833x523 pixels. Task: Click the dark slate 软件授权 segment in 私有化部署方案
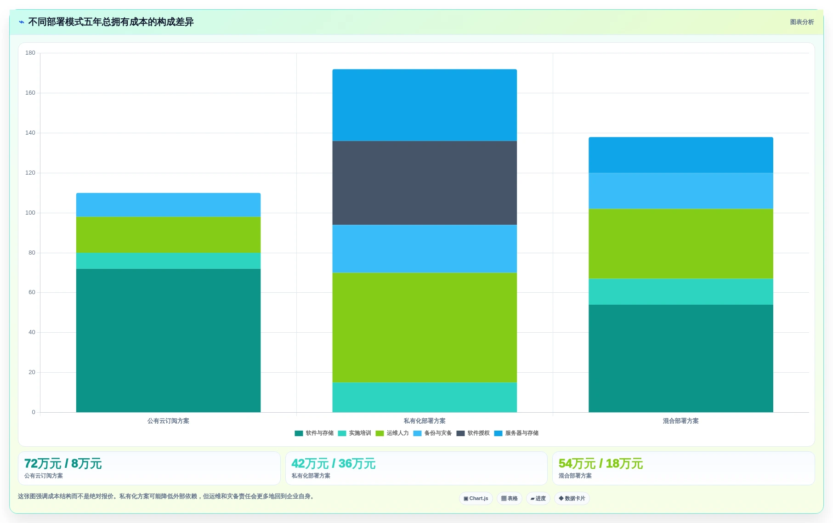pyautogui.click(x=425, y=183)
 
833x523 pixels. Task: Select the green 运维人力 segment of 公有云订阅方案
pyautogui.click(x=168, y=235)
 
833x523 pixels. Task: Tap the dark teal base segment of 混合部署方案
pyautogui.click(x=681, y=358)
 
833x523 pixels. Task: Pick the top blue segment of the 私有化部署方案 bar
pyautogui.click(x=425, y=105)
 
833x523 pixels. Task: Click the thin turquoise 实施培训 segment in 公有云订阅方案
pyautogui.click(x=168, y=261)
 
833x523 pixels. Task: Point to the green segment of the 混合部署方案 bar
pyautogui.click(x=681, y=244)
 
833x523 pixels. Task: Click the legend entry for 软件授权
pyautogui.click(x=473, y=433)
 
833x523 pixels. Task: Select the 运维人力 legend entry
pyautogui.click(x=392, y=433)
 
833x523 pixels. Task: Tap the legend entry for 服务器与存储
pyautogui.click(x=516, y=433)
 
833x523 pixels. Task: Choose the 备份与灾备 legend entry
pyautogui.click(x=433, y=433)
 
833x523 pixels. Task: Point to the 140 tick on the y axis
pyautogui.click(x=30, y=133)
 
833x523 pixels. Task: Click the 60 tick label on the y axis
pyautogui.click(x=32, y=292)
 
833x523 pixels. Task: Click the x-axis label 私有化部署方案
pyautogui.click(x=425, y=421)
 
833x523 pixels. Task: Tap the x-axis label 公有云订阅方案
pyautogui.click(x=168, y=421)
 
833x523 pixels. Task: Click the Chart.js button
pyautogui.click(x=476, y=499)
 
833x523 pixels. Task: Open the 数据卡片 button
pyautogui.click(x=572, y=499)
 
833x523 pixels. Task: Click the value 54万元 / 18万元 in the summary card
pyautogui.click(x=601, y=464)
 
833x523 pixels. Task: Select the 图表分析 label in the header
pyautogui.click(x=802, y=22)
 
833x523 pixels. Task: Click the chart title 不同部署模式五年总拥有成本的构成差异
pyautogui.click(x=111, y=22)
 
